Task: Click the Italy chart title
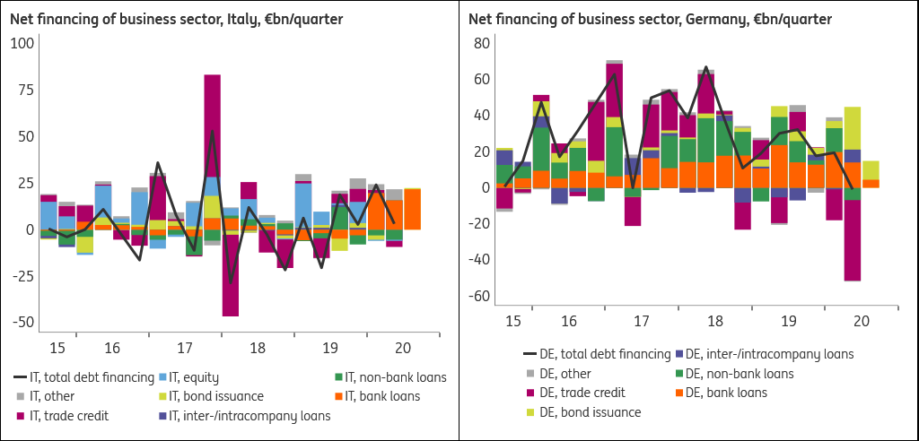(x=177, y=20)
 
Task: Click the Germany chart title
(x=650, y=20)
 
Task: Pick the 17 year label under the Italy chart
(x=185, y=348)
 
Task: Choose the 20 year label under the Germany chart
(x=861, y=321)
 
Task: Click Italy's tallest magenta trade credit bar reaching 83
(x=212, y=125)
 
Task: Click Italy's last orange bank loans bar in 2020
(x=412, y=209)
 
